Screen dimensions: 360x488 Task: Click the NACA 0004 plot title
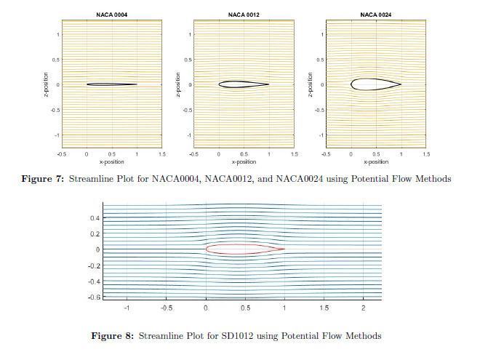coord(111,15)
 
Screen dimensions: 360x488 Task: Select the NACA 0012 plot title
coord(244,15)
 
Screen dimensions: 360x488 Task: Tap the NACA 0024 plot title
coord(375,15)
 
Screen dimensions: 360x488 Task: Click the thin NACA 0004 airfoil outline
coord(111,84)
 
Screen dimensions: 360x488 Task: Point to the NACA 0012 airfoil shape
coord(242,84)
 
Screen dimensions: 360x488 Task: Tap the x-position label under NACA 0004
coord(111,161)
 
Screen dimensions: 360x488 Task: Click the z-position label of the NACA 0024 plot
coord(311,84)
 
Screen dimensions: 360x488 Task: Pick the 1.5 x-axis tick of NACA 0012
coord(294,154)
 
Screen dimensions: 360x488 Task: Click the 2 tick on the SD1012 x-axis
coord(363,308)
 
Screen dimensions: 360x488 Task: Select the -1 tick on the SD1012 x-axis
coord(127,308)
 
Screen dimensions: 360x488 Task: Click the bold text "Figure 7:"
coord(47,178)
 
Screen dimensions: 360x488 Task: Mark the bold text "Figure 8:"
coord(111,336)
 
